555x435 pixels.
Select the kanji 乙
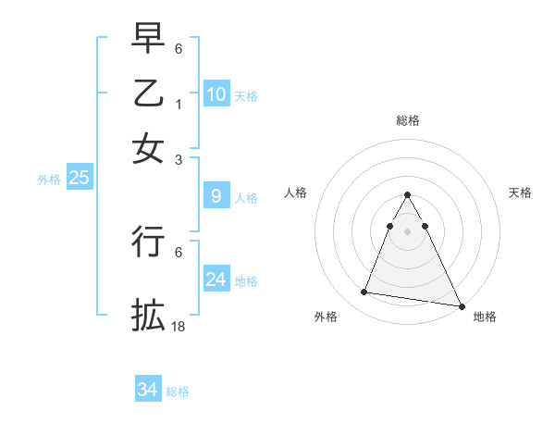tap(148, 94)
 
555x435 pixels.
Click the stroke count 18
tap(179, 327)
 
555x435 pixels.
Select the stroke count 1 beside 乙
tap(179, 104)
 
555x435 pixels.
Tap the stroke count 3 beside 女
tap(179, 159)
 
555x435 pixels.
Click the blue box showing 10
tap(216, 93)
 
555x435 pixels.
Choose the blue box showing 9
tap(216, 196)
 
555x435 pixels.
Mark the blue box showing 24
tap(216, 280)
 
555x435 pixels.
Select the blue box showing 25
tap(79, 178)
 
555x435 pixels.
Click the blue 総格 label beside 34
tap(178, 391)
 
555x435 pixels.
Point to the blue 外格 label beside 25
tap(49, 180)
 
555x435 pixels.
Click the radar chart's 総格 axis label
tap(408, 120)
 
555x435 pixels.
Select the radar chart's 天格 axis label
tap(520, 193)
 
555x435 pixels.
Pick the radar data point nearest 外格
tap(364, 292)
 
